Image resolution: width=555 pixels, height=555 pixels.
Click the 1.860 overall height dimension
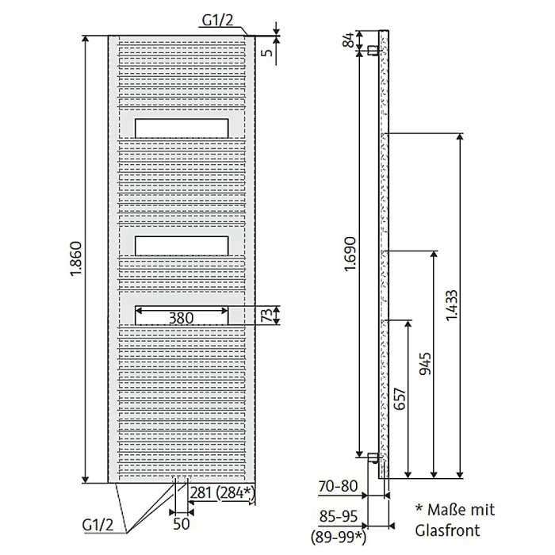(x=76, y=258)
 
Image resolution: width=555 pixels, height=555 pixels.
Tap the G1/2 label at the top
(x=217, y=20)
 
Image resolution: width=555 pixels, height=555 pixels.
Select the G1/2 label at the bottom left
(x=98, y=524)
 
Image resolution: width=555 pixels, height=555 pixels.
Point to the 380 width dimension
(x=182, y=318)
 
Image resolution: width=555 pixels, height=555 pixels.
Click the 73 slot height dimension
(x=268, y=315)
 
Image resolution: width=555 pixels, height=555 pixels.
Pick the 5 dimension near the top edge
(x=269, y=52)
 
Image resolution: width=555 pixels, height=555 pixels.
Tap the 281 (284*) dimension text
(x=222, y=492)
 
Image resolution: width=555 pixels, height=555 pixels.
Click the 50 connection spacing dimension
(x=182, y=524)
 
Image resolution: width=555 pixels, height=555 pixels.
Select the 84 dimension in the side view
(x=348, y=40)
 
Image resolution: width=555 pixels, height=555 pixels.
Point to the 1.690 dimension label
(x=350, y=254)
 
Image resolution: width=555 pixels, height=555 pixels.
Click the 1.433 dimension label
(x=451, y=305)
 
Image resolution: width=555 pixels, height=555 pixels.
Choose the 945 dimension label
(x=425, y=363)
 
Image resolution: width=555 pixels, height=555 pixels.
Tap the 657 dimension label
(x=400, y=399)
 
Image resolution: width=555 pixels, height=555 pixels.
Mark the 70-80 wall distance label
(x=338, y=486)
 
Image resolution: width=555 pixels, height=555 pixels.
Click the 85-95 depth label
(x=339, y=516)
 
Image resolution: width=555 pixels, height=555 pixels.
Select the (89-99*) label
(x=339, y=538)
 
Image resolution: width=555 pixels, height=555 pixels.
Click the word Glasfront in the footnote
(x=447, y=530)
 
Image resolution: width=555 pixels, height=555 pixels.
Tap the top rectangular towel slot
(x=182, y=128)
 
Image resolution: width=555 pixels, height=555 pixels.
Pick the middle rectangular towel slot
(x=182, y=246)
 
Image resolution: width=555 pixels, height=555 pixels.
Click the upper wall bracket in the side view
(x=372, y=50)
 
